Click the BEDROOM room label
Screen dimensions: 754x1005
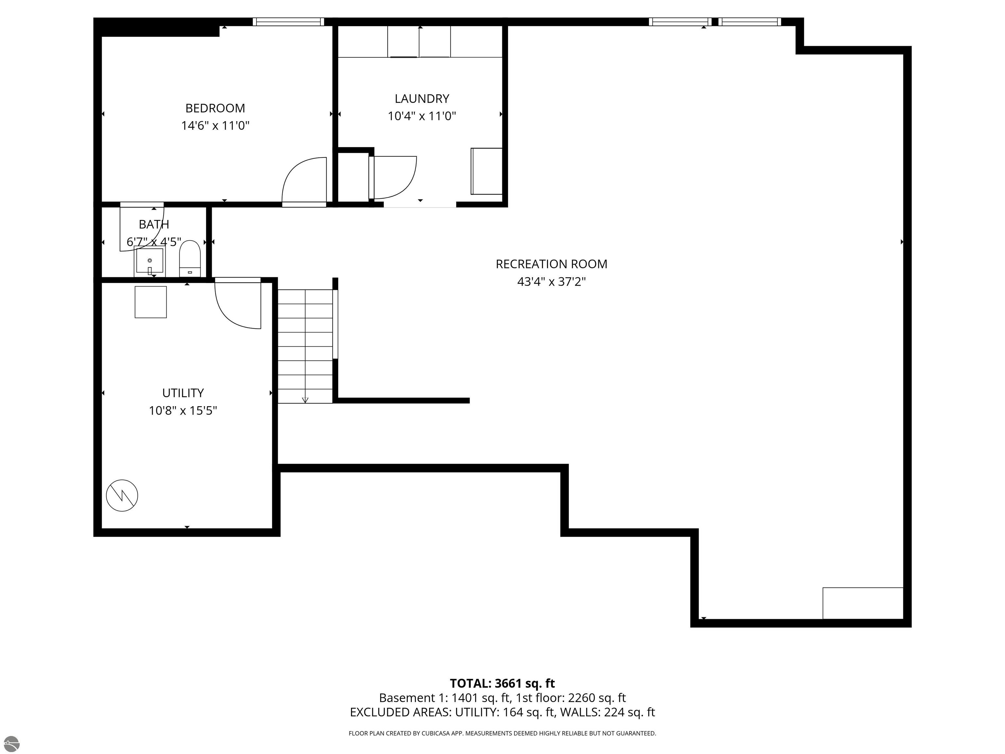215,108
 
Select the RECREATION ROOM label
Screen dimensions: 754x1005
551,264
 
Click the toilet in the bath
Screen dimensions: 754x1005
190,258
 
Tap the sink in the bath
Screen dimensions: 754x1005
150,261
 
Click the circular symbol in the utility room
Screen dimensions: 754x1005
122,495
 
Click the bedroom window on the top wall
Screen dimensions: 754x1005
288,21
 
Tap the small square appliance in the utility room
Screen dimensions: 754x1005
150,302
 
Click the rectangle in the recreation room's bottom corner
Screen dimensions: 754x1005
862,603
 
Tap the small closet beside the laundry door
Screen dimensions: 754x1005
353,177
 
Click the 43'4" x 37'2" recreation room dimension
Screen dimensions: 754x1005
551,282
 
